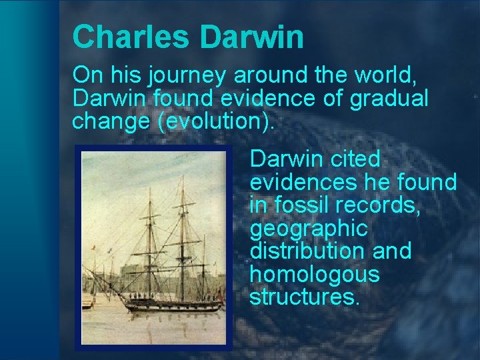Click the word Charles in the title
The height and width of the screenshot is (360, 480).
tap(131, 37)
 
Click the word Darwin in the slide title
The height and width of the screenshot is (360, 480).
tap(251, 37)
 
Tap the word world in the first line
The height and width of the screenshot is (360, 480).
tap(383, 75)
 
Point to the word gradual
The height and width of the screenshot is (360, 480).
tap(389, 99)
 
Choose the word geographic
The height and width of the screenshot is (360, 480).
tap(308, 228)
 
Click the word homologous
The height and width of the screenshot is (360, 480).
tap(314, 274)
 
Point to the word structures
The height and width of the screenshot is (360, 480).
tap(305, 297)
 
